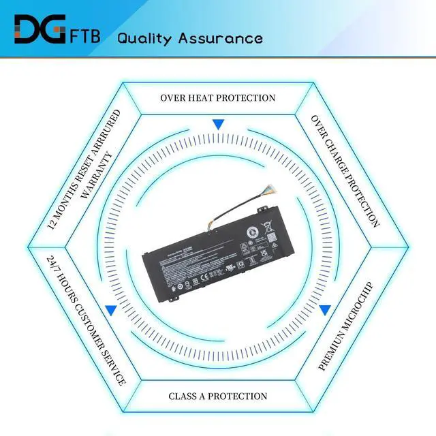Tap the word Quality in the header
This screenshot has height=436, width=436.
[145, 37]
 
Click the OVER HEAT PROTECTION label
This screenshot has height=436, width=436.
[218, 97]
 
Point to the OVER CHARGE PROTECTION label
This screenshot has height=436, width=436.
[345, 170]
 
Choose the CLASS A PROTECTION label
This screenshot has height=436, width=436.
[218, 396]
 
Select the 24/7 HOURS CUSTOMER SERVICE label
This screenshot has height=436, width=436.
[85, 320]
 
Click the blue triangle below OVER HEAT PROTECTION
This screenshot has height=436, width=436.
[218, 125]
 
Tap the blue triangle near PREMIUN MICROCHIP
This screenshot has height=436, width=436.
[325, 311]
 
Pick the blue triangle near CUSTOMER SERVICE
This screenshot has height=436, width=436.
[111, 311]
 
